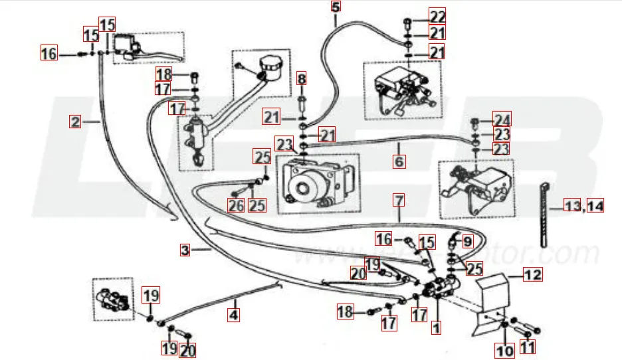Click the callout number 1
(436, 327)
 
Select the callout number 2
(76, 122)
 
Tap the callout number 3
(185, 250)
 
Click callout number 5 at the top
(335, 8)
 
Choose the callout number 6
(399, 161)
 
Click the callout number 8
(302, 80)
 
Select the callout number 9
(467, 241)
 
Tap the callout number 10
(505, 349)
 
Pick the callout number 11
(527, 347)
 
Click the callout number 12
(533, 273)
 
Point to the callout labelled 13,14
(584, 206)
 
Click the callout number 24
(502, 120)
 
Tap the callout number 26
(236, 205)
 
